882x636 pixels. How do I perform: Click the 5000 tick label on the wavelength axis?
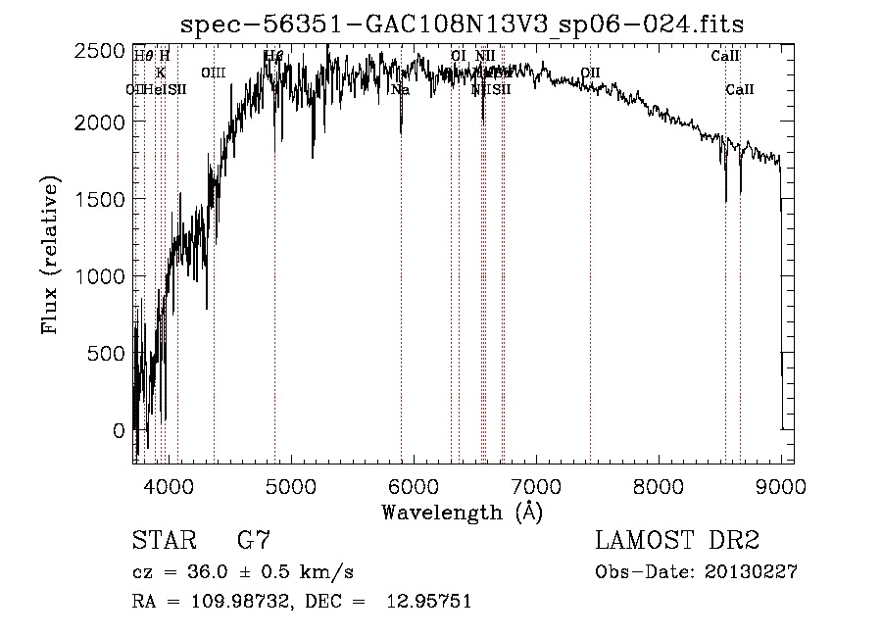click(289, 484)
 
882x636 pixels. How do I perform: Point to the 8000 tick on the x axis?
click(659, 484)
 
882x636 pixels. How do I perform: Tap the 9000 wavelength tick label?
click(781, 484)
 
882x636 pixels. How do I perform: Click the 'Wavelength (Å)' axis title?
click(462, 512)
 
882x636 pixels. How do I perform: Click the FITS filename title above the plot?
click(469, 24)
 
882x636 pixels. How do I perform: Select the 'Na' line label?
click(400, 90)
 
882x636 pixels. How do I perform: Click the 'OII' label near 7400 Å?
click(590, 73)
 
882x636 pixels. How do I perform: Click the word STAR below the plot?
click(161, 541)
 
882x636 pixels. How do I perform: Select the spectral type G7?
click(254, 541)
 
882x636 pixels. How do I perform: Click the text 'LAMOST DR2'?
click(677, 541)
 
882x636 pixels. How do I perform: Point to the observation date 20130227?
click(751, 572)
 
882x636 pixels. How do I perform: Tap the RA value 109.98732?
click(235, 602)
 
